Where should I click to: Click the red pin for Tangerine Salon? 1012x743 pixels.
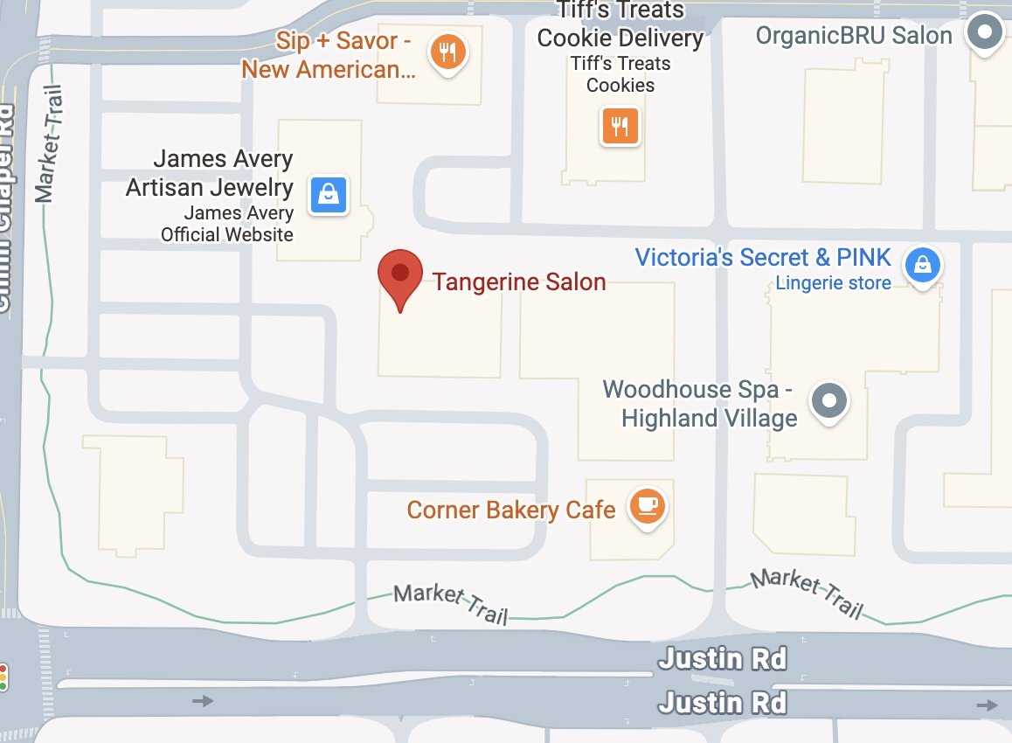pos(399,274)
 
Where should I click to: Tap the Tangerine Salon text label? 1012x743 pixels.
pos(519,282)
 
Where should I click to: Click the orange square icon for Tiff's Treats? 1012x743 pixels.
pos(620,126)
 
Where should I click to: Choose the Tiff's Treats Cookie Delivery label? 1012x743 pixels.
pos(620,25)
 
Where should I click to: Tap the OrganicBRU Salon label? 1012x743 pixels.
pos(854,36)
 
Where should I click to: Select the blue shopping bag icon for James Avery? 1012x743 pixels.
pos(329,195)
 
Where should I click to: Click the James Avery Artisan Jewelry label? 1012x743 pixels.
pos(210,173)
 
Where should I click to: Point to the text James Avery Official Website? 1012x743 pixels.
pos(227,223)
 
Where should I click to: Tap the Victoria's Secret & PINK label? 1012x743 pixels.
pos(763,258)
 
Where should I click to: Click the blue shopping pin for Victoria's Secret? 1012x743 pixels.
pos(921,263)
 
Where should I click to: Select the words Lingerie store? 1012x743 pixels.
pos(833,283)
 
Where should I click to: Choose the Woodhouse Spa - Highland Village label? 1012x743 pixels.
pos(699,404)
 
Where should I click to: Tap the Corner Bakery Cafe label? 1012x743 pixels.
pos(511,510)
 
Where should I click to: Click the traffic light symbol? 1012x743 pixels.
pos(3,677)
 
